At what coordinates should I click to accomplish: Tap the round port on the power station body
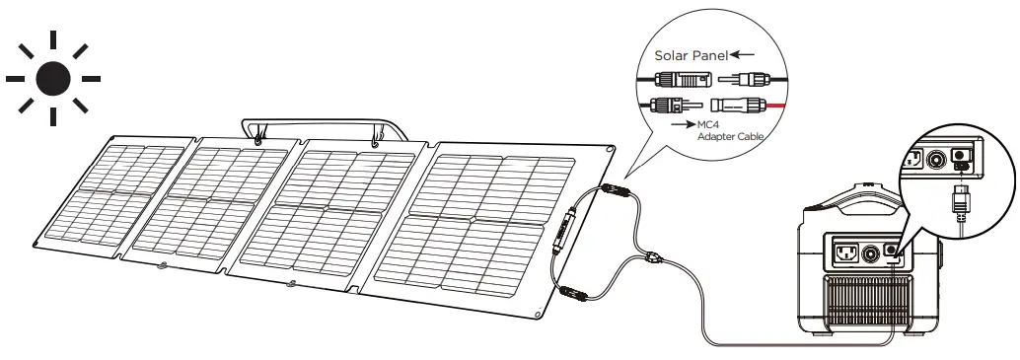tap(871, 253)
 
